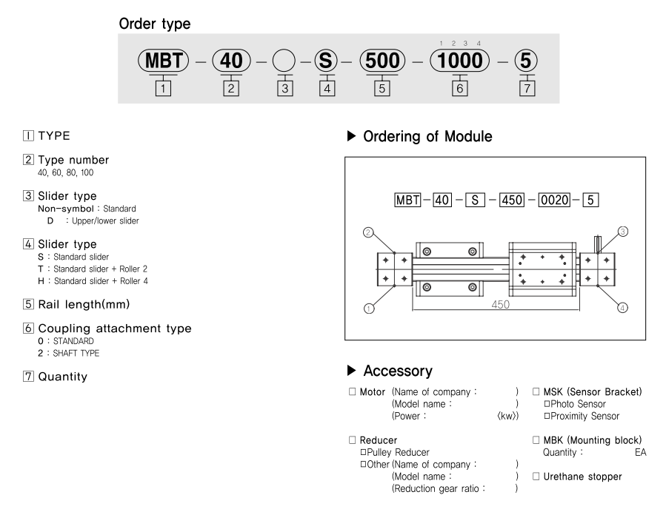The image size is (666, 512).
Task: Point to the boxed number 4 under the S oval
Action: pyautogui.click(x=324, y=88)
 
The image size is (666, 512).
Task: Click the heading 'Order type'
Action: pyautogui.click(x=154, y=24)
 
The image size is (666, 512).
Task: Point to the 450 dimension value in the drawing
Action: pyautogui.click(x=500, y=304)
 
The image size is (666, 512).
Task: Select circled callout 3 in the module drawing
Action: pyautogui.click(x=622, y=232)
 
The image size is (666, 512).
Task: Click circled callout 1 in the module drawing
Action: pyautogui.click(x=368, y=309)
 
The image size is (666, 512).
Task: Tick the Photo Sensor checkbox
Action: pyautogui.click(x=547, y=404)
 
